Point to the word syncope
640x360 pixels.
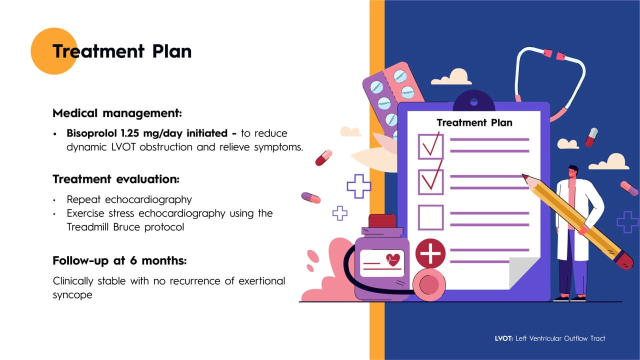click(72, 295)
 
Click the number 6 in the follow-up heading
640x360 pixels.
click(133, 260)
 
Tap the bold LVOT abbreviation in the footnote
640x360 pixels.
click(503, 338)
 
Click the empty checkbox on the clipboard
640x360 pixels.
click(431, 217)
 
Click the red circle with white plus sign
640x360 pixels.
click(430, 253)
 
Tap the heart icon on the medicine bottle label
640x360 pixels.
click(393, 259)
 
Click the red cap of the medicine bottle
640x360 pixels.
click(382, 221)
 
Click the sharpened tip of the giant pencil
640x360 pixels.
click(523, 174)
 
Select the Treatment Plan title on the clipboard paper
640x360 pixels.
click(474, 123)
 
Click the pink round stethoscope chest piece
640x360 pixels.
click(429, 284)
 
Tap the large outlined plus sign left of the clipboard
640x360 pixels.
click(359, 186)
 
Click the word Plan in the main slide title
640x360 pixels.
click(172, 51)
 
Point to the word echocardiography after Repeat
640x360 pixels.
click(148, 199)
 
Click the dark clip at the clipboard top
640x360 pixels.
click(473, 100)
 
